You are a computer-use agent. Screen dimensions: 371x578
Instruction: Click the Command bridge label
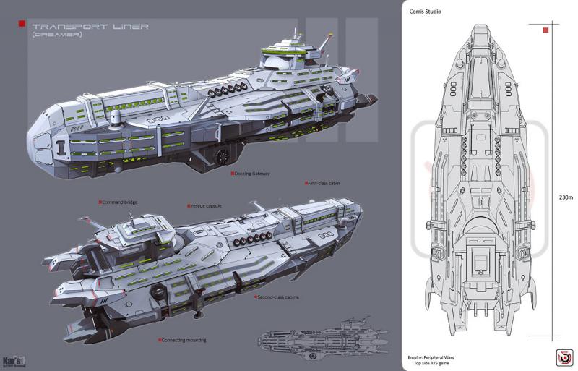(x=119, y=202)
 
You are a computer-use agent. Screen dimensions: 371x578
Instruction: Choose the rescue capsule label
(x=205, y=206)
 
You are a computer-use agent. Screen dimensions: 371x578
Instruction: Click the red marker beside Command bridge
(x=100, y=202)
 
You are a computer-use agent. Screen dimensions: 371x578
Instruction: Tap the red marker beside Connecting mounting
(x=160, y=338)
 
